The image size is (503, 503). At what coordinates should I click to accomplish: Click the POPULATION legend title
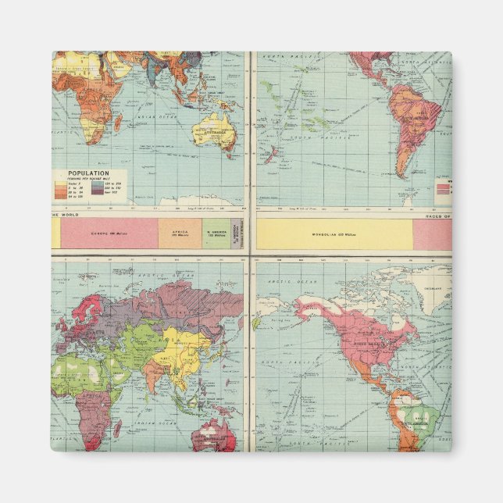(x=88, y=173)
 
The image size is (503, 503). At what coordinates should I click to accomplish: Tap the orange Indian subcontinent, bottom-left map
(x=156, y=373)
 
